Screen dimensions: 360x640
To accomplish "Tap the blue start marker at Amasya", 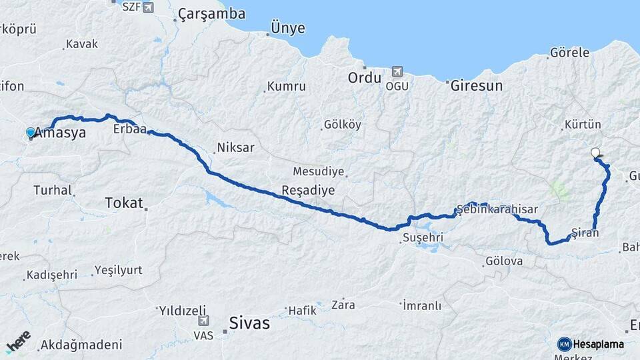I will (x=30, y=133).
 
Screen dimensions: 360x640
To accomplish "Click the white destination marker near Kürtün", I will (x=595, y=153).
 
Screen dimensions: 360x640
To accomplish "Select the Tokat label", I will (x=124, y=203).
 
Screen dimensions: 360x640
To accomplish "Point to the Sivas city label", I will (x=249, y=323).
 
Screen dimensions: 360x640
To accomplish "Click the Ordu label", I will (x=364, y=78).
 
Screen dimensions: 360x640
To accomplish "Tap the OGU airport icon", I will (x=398, y=71).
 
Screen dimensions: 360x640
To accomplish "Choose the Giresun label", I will (x=476, y=86).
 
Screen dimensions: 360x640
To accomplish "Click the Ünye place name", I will (x=287, y=28).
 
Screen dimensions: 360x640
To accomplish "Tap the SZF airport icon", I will (x=147, y=7).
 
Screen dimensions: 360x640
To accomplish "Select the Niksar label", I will (x=235, y=148).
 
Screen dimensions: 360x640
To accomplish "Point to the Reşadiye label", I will (x=308, y=190).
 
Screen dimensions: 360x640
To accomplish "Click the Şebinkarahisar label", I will (x=497, y=209).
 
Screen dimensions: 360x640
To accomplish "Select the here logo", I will (x=18, y=342).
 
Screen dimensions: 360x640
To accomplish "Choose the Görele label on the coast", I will (x=570, y=52).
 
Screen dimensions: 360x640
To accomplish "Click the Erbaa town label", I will (x=130, y=128).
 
